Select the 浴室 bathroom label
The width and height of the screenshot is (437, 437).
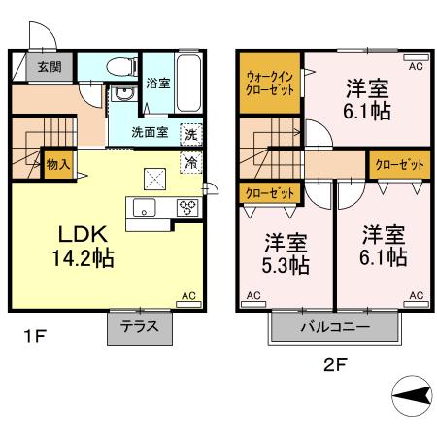pyautogui.click(x=157, y=84)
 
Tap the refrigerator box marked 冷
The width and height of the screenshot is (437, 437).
pyautogui.click(x=191, y=162)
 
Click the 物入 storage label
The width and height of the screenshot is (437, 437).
pyautogui.click(x=57, y=164)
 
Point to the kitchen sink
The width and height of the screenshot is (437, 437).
pyautogui.click(x=144, y=206)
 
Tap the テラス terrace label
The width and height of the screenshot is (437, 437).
pyautogui.click(x=140, y=327)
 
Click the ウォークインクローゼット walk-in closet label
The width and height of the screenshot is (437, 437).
pyautogui.click(x=270, y=82)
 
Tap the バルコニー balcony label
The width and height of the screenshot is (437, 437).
pyautogui.click(x=334, y=327)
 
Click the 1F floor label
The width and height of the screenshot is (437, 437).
pyautogui.click(x=35, y=337)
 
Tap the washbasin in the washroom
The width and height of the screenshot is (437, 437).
pyautogui.click(x=123, y=94)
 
